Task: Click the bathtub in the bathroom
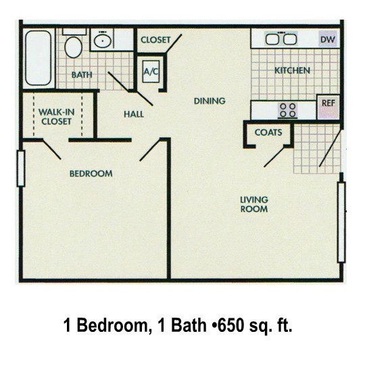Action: point(39,58)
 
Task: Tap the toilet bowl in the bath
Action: point(73,47)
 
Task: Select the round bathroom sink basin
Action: point(103,41)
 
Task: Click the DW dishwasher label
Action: point(328,40)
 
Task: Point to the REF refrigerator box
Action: point(328,107)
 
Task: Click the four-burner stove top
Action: point(288,110)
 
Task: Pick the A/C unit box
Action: point(151,72)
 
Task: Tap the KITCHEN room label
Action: point(292,70)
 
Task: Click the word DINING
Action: point(210,101)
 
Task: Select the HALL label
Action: point(134,114)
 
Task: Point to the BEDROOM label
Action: point(91,174)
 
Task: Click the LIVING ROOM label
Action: point(254,204)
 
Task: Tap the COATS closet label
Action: point(268,132)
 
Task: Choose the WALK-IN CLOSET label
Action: point(56,117)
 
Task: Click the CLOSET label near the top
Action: point(155,40)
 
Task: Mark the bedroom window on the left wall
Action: point(21,168)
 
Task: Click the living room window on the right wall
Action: point(341,222)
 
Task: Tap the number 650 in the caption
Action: point(230,325)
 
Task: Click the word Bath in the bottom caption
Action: point(189,325)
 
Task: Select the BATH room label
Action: point(82,75)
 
